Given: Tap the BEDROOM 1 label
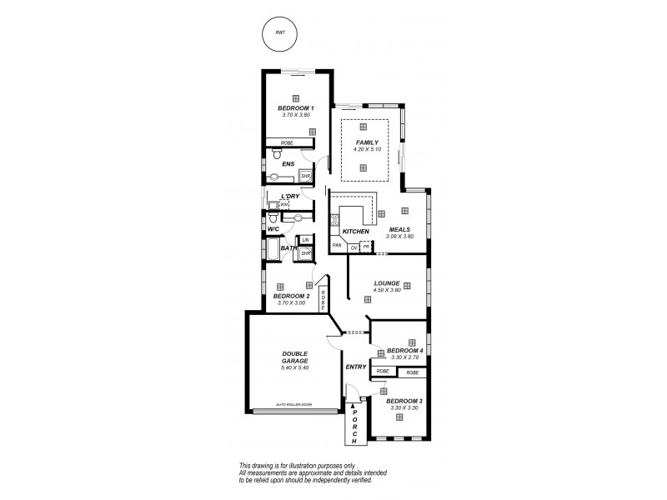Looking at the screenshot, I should point(296,108).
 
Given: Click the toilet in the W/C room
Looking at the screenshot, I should point(298,218).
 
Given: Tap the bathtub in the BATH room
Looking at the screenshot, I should point(273,247).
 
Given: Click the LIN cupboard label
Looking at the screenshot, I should point(306,240).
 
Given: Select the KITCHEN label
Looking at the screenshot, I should point(356,231).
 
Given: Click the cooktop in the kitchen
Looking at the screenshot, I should point(335,222).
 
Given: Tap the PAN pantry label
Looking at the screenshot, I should point(338,246).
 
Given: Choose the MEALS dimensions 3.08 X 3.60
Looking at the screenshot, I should point(400,237).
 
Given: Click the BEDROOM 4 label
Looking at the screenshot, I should point(405,350).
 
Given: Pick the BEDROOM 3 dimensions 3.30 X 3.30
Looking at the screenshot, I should point(403,408).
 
